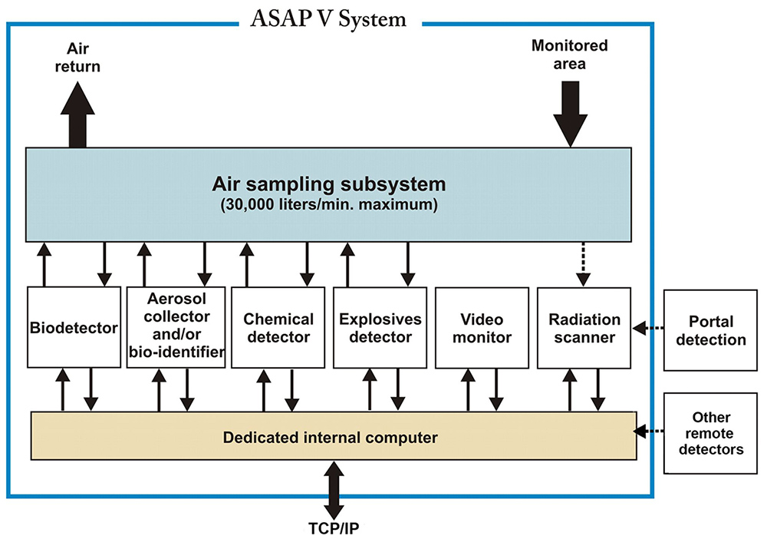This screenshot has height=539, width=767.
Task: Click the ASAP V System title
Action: coord(328,19)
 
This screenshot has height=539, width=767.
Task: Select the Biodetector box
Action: coord(74,327)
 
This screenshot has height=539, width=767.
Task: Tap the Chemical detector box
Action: coord(278,328)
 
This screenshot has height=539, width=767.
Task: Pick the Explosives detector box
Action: coord(380,328)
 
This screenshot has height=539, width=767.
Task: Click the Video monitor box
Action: coord(482,328)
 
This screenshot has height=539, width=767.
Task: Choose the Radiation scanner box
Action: coord(584,328)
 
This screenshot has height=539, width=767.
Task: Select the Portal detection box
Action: coord(710,330)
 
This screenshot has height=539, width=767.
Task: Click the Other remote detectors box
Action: coord(710,433)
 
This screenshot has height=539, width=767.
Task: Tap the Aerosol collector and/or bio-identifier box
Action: coord(176,327)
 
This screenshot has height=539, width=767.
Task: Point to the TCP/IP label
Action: coord(334,529)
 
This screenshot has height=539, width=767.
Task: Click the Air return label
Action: coord(77,58)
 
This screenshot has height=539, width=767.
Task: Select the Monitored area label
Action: coord(569,55)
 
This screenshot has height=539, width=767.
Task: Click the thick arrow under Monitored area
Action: coord(571,114)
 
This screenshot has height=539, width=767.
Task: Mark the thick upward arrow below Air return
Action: coord(77,114)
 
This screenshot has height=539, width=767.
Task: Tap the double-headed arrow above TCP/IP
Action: coord(334,490)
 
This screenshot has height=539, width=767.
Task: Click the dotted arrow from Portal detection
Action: coord(647,328)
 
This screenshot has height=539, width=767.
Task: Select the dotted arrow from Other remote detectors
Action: coord(649,432)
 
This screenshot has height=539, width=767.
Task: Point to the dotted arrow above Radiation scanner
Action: coord(583,264)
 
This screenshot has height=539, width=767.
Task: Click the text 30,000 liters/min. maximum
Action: coord(329,204)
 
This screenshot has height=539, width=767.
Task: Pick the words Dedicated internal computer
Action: coord(330,437)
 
